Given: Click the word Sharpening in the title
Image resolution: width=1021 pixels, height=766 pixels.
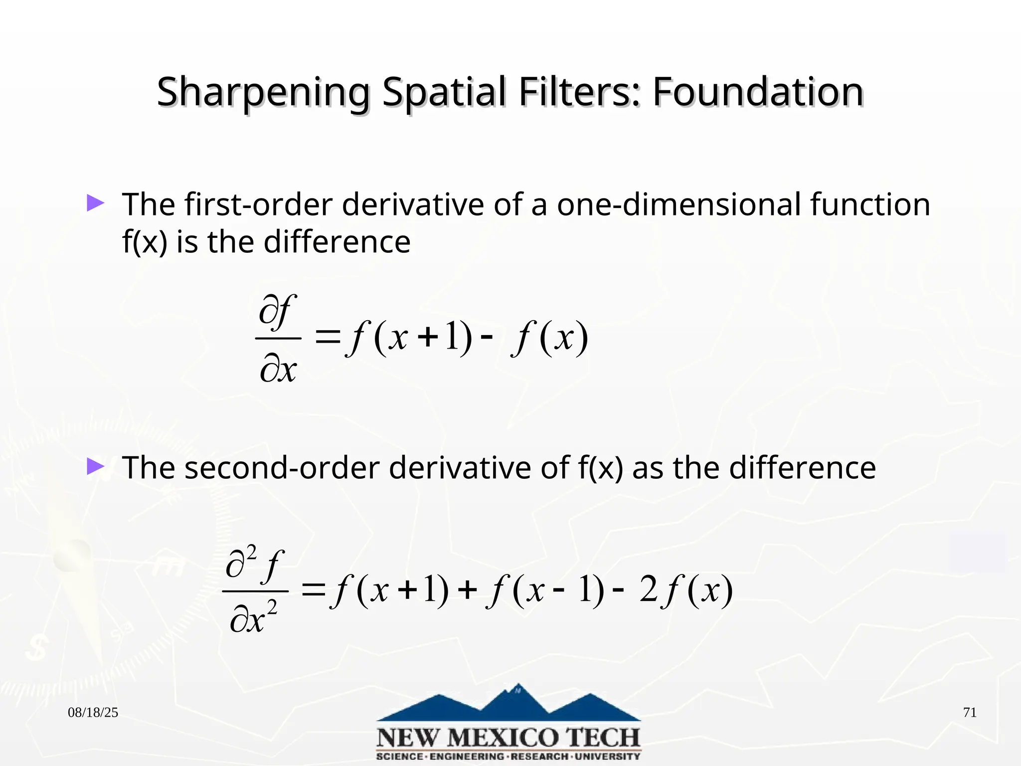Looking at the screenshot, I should [263, 93].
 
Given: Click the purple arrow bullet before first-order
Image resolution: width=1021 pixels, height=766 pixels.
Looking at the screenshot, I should [95, 203].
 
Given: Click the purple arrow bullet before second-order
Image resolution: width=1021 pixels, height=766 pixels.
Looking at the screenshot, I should [95, 466].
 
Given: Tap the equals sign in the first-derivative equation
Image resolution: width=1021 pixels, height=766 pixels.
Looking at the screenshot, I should [328, 338].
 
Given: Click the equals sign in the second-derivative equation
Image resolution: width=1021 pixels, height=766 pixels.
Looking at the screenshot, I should [313, 591].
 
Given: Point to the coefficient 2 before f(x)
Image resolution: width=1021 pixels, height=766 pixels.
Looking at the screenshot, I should [649, 590].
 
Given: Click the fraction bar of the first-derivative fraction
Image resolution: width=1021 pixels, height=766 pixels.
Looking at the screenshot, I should [278, 338].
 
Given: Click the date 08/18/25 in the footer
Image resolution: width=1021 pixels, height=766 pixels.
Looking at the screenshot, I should [93, 713].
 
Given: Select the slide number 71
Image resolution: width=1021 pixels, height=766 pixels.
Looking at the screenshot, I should [970, 713].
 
